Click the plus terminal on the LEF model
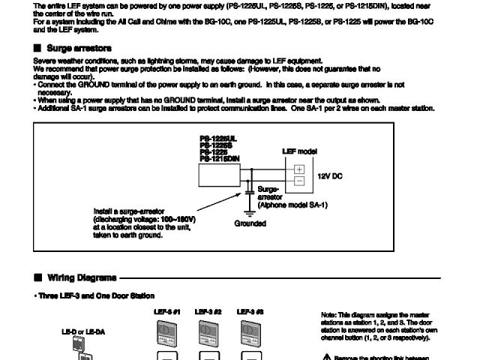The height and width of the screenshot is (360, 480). point(298,169)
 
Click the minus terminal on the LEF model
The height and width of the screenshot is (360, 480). point(298,181)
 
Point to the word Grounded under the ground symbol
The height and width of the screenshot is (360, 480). point(250,223)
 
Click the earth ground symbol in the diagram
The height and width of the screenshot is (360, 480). point(249,213)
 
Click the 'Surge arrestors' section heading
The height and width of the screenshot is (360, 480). point(83,49)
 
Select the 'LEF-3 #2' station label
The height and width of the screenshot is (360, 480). point(208,310)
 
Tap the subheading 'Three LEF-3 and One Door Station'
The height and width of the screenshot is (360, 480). point(95,296)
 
